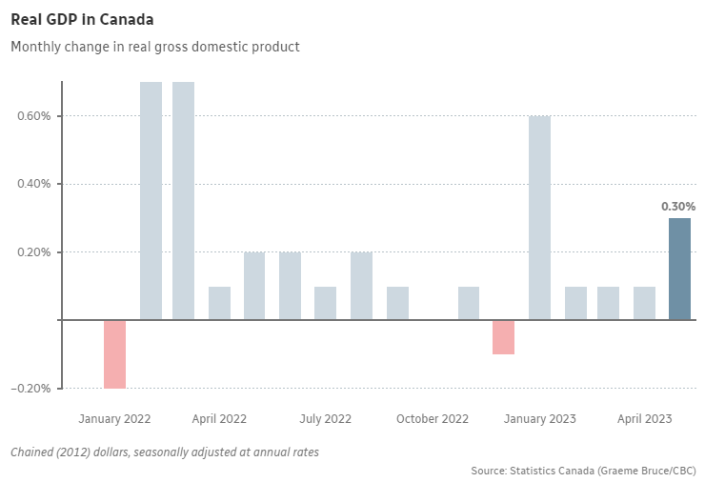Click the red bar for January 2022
point(114,353)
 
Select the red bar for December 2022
point(503,337)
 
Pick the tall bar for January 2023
point(539,218)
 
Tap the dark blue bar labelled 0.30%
point(679,269)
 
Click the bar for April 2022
point(219,303)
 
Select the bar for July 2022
point(325,303)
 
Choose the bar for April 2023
point(644,303)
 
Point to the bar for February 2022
point(151,201)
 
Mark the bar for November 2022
point(468,303)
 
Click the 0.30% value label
point(678,206)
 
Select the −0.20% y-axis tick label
point(32,389)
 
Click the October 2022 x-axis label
point(433,419)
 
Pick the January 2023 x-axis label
point(540,419)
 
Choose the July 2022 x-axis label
point(325,419)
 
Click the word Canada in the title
point(127,19)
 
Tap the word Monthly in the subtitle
point(34,46)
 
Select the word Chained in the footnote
point(33,452)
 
